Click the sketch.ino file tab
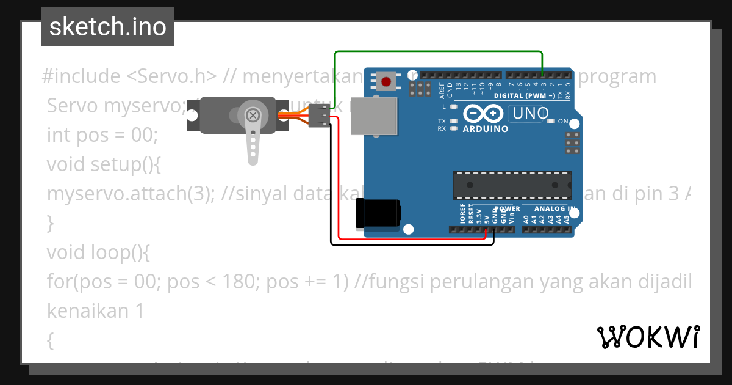click(108, 27)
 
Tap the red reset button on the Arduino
click(386, 82)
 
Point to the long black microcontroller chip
click(512, 185)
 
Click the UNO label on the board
click(530, 113)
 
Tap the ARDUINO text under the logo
click(485, 129)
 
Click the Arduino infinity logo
click(483, 114)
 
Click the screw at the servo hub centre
click(252, 114)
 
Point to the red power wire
click(415, 239)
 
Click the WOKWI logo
click(648, 336)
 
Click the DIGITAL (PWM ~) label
click(524, 96)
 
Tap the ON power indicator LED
click(551, 121)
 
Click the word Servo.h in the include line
click(172, 76)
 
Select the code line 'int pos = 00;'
click(102, 135)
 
